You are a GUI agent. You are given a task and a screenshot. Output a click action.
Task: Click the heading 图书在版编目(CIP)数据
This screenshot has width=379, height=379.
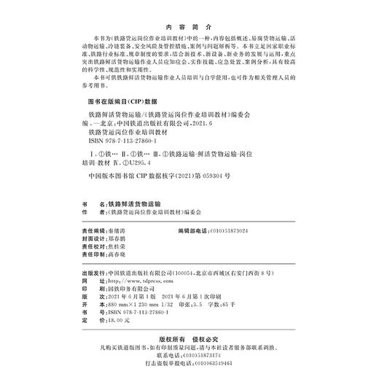[122, 103]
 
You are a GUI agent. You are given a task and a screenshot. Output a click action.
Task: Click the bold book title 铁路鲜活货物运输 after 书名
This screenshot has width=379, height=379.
[138, 203]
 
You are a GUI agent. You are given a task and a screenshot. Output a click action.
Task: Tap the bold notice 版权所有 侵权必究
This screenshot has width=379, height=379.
[192, 337]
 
